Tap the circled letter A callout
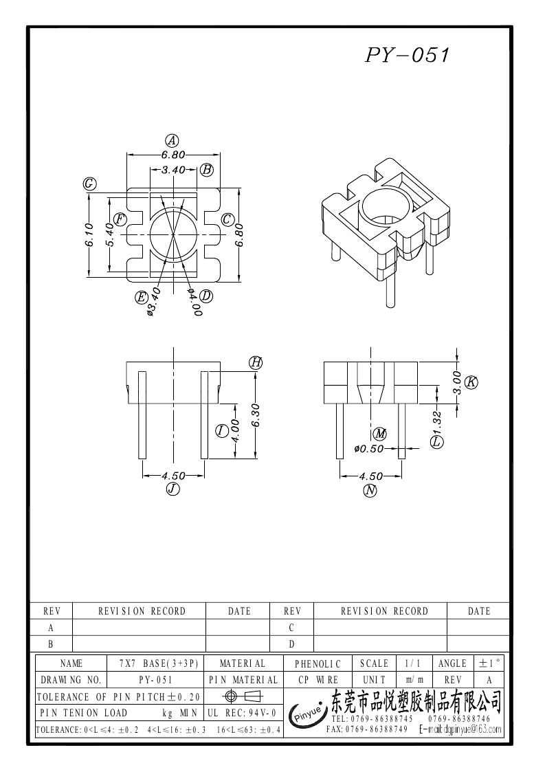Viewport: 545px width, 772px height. [173, 140]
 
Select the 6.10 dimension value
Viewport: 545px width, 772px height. [91, 234]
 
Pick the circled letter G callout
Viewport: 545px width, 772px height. [89, 184]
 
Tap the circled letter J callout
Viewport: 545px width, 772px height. [173, 489]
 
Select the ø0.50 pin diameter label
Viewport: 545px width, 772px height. [369, 449]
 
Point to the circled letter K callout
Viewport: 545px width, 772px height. [471, 382]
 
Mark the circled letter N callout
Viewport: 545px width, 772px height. [371, 489]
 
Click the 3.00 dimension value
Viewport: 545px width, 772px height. [456, 382]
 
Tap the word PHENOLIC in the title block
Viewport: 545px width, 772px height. [318, 664]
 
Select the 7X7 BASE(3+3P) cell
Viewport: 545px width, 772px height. [158, 663]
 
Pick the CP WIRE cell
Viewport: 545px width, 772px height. [318, 680]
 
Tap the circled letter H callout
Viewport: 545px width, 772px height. [256, 362]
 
